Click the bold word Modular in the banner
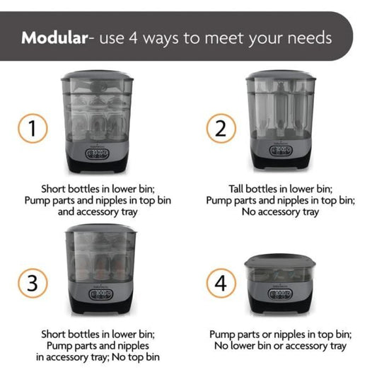coord(54,38)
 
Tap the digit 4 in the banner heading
coord(133,38)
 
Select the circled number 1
coord(33,129)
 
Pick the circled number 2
coord(221,129)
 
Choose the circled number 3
coord(33,283)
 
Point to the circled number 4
coord(221,283)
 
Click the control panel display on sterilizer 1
coord(97,154)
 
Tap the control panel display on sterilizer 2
coord(281,151)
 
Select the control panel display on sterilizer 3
coord(100,294)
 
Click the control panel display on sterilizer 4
coord(280,294)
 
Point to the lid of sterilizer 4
coord(280,261)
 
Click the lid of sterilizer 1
coord(97,75)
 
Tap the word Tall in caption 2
coord(236,189)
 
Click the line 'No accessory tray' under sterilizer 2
coord(280,211)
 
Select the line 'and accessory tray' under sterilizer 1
coord(98,211)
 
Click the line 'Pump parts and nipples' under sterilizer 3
coord(98,346)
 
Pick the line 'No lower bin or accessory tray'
coord(280,346)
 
